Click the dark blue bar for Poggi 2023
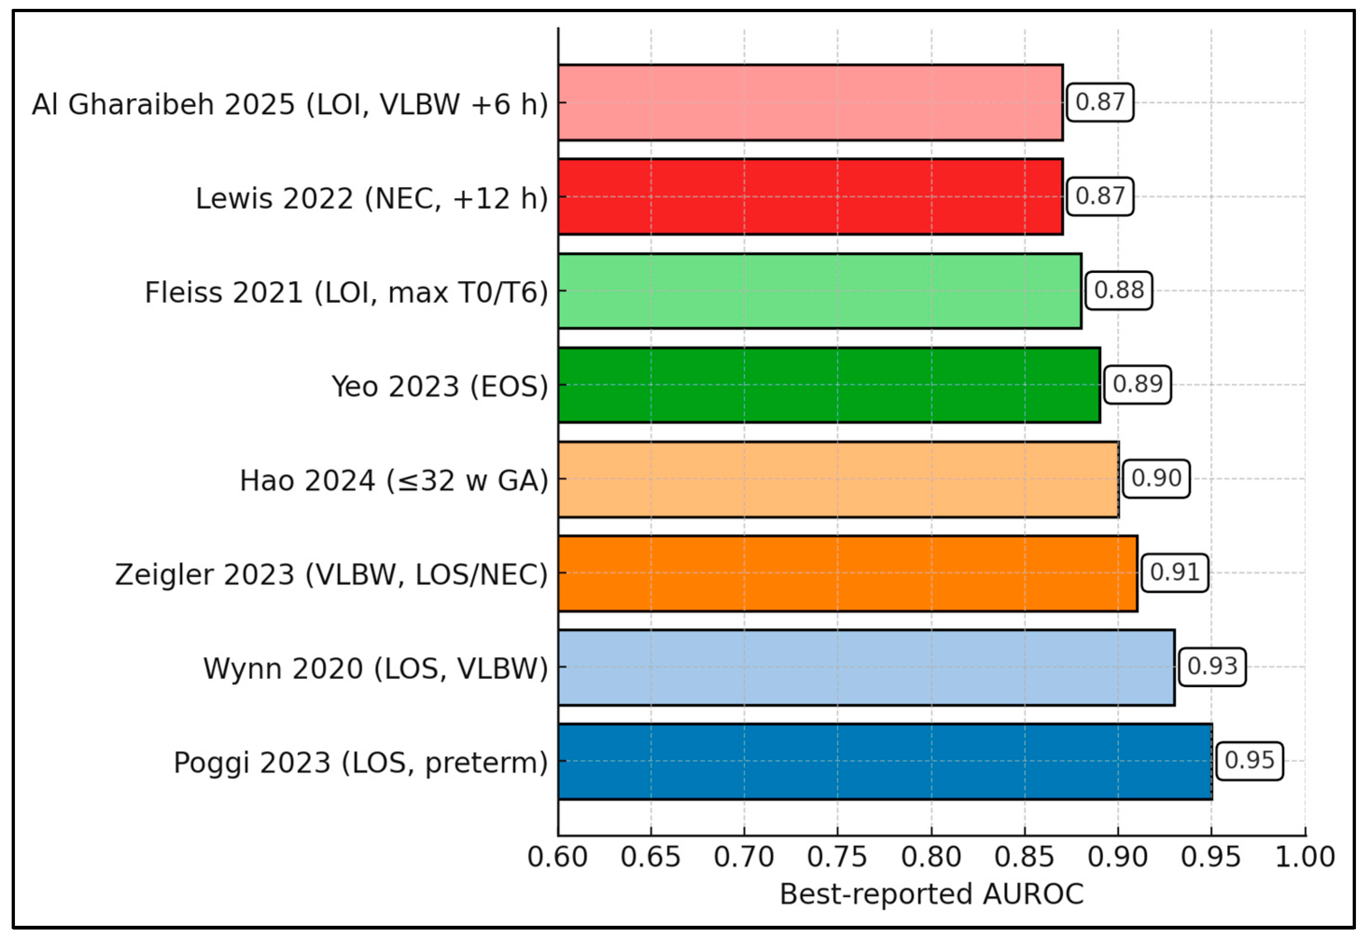(885, 761)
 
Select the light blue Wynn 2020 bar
(866, 667)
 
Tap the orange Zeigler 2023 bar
(848, 573)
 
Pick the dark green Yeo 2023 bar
(829, 385)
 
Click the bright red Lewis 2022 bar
(810, 196)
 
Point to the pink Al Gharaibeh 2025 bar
(810, 102)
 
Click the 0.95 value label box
(1249, 761)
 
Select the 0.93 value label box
(1212, 666)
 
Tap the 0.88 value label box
(1118, 291)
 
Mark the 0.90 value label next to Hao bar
(1155, 479)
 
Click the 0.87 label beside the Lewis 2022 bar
(1099, 196)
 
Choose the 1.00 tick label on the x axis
(1305, 857)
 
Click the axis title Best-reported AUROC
(931, 894)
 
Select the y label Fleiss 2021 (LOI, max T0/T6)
(347, 292)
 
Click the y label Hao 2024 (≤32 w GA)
(394, 480)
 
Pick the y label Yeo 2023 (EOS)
(440, 386)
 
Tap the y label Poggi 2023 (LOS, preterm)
(361, 763)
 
